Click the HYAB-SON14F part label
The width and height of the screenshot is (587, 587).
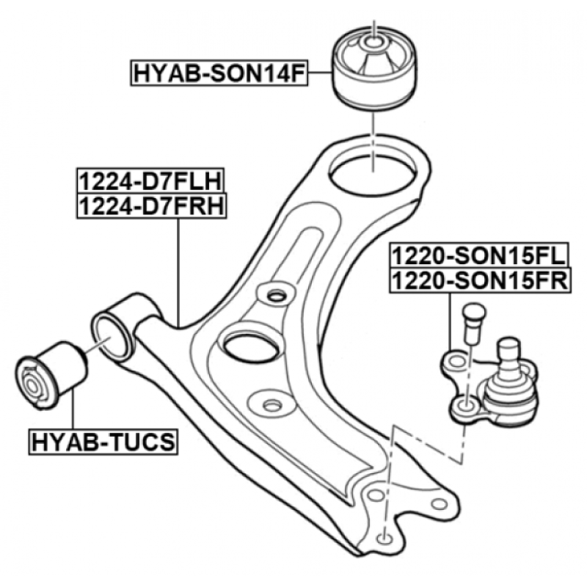coord(219,73)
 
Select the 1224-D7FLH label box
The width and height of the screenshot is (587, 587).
coord(150,181)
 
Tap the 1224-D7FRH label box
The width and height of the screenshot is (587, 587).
coord(152,206)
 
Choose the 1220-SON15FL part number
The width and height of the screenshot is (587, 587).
coord(479,255)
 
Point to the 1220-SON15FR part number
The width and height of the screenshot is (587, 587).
coord(481,280)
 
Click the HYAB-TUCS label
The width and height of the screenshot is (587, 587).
coord(103,442)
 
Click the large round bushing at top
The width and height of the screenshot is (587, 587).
coord(375,68)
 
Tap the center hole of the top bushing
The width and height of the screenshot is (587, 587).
coord(373,42)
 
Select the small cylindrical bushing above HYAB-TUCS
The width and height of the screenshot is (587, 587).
coord(51,375)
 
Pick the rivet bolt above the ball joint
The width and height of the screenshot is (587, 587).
coord(473,324)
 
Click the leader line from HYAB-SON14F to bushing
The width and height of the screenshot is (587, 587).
coord(320,73)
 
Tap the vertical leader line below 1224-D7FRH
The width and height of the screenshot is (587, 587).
coord(178,272)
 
